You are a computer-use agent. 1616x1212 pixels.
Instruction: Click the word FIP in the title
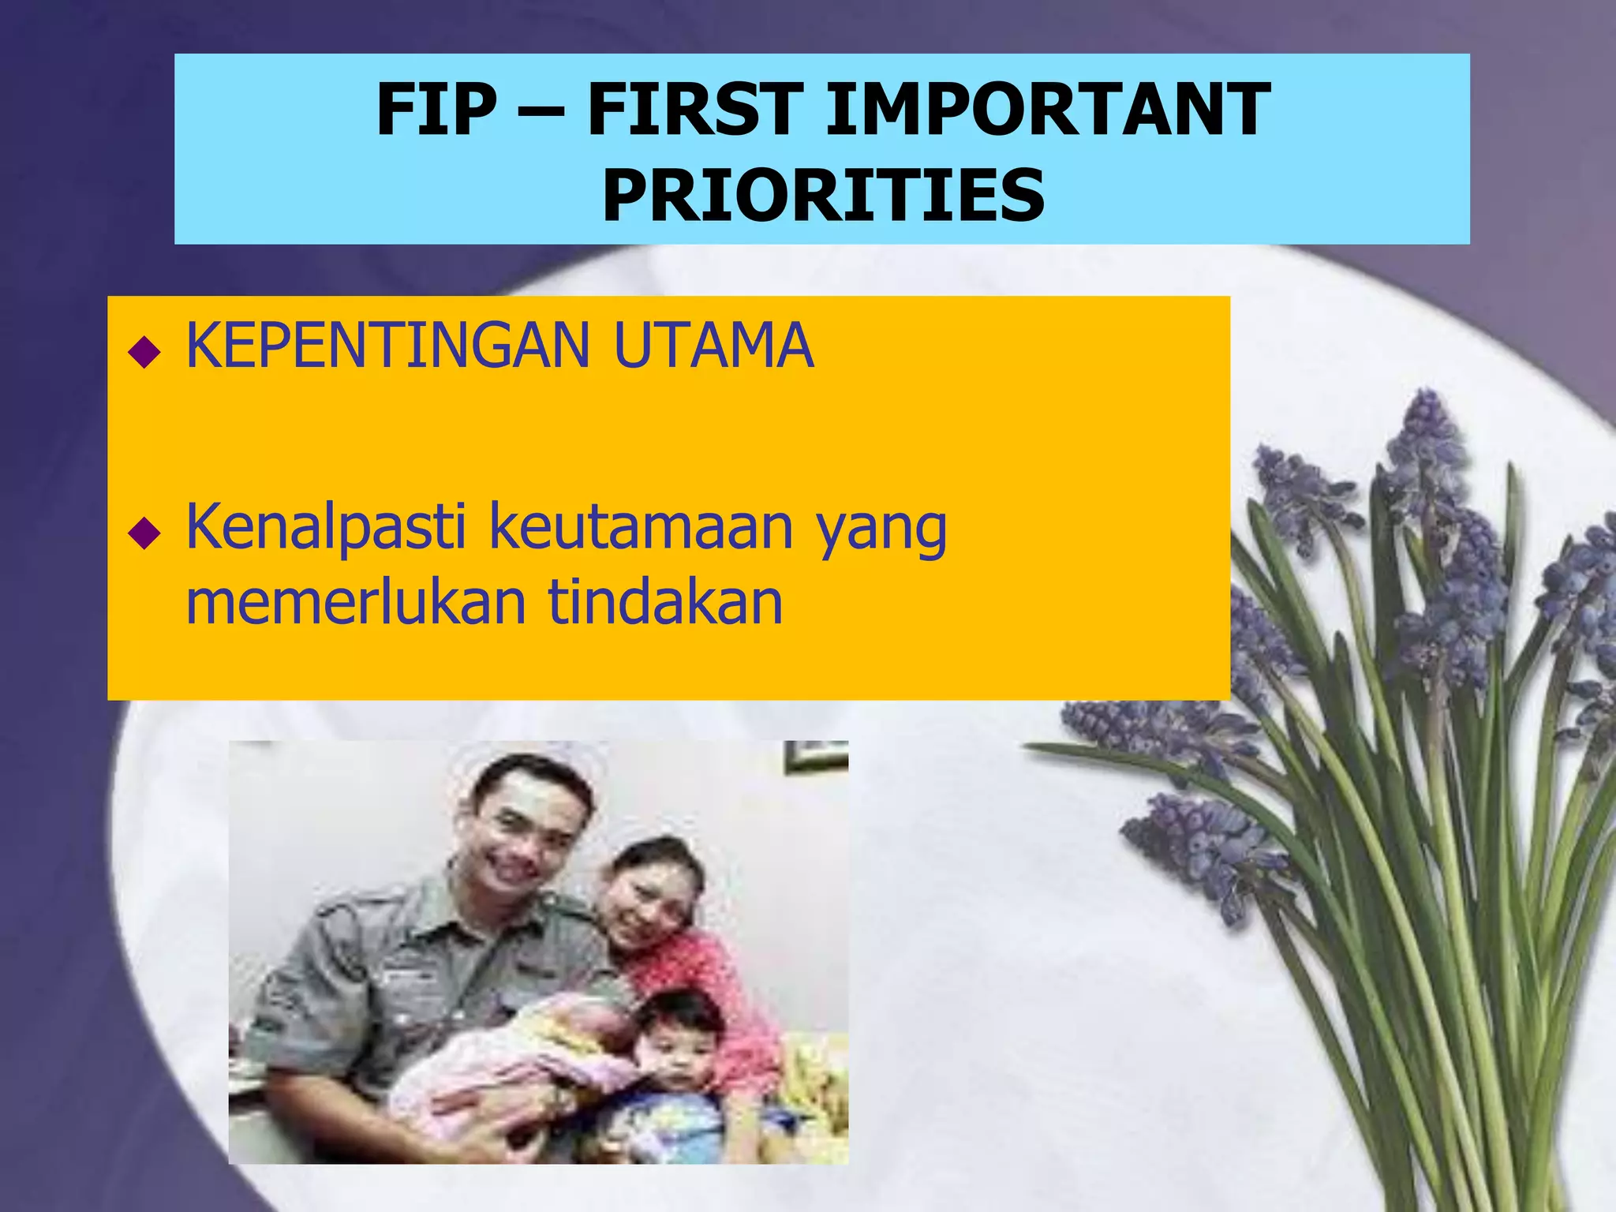coord(436,110)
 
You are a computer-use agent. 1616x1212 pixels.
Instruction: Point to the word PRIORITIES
coord(823,196)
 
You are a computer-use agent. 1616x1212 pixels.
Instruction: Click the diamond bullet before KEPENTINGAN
coord(144,351)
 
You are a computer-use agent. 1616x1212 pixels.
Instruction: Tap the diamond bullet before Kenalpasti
coord(144,533)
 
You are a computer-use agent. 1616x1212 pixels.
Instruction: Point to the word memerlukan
coord(356,603)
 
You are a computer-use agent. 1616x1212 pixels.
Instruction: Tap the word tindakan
coord(665,603)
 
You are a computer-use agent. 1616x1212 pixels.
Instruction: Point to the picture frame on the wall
coord(815,755)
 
